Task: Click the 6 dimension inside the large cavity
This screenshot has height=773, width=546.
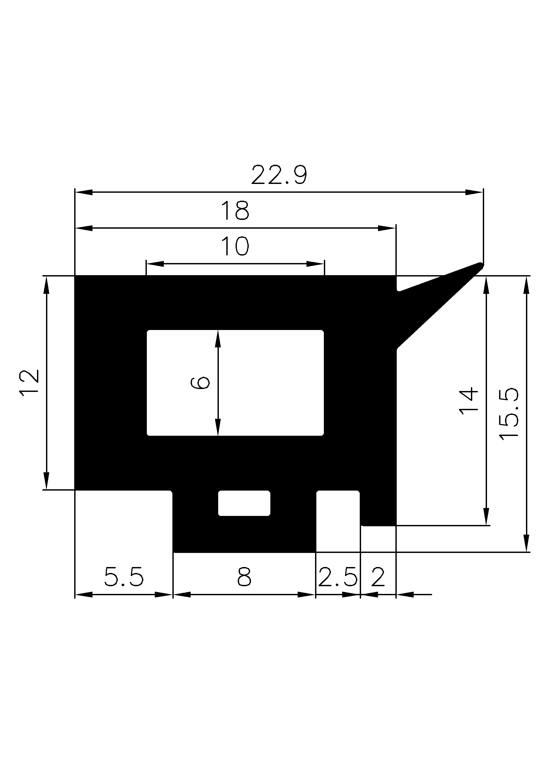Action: point(200,383)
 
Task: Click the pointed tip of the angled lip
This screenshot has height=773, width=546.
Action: point(481,265)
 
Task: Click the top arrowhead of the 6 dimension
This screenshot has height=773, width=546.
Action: point(218,338)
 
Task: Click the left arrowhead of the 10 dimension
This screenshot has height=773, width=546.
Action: point(155,264)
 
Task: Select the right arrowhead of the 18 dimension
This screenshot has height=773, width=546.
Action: point(387,228)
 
